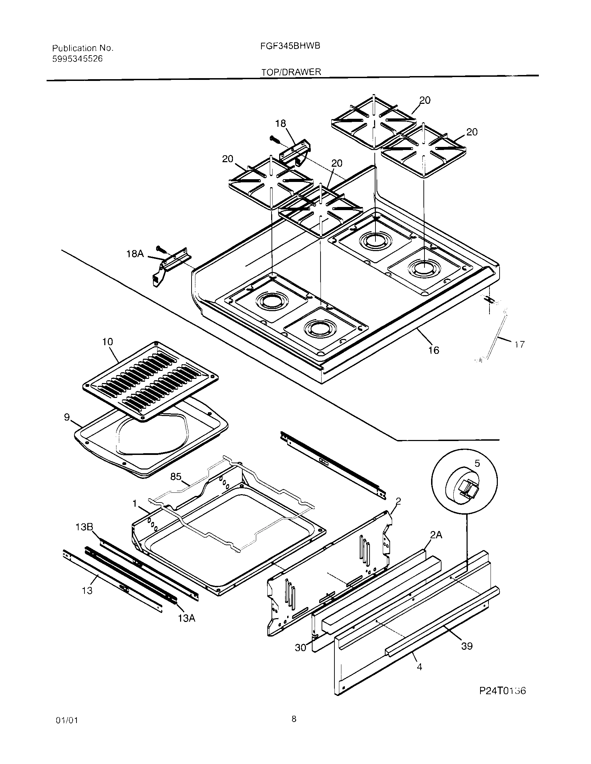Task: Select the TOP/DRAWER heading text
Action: (291, 72)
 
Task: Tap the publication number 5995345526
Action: (78, 59)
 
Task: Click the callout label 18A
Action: (135, 254)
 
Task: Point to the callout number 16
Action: (434, 350)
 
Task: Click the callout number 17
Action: (520, 344)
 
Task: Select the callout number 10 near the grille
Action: (107, 342)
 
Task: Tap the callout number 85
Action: (176, 476)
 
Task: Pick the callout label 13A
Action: (186, 618)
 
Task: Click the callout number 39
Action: (467, 646)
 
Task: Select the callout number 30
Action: (300, 648)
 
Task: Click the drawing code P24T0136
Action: (502, 691)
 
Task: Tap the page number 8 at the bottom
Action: (293, 729)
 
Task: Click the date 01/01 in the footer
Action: (66, 730)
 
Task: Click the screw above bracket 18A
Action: (162, 249)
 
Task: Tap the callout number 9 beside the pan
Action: (67, 417)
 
